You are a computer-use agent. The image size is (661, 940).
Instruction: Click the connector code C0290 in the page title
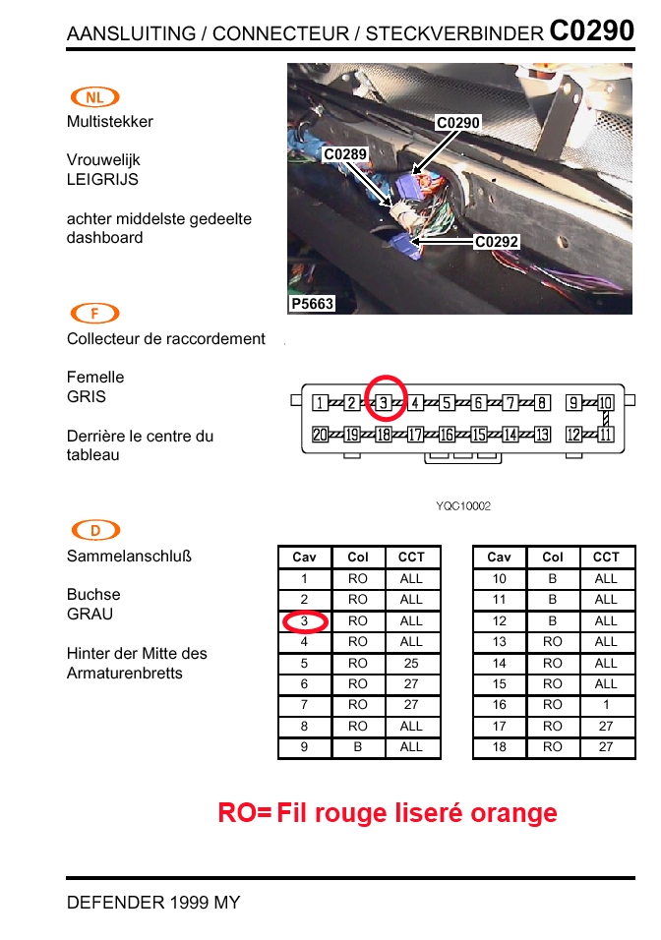591,30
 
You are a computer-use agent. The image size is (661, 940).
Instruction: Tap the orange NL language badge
94,97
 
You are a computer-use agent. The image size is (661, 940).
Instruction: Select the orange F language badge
94,313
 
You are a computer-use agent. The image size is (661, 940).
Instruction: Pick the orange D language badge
95,530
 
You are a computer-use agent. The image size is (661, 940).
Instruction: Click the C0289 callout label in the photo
345,154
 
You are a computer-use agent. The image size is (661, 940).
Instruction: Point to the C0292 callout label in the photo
497,242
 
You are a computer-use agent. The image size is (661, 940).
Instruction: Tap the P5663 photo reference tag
312,304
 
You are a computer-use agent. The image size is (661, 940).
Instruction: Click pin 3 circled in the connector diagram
384,403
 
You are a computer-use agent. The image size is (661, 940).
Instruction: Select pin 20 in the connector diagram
320,434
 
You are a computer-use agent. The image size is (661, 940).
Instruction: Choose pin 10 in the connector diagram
605,403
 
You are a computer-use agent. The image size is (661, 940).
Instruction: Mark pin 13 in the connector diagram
542,434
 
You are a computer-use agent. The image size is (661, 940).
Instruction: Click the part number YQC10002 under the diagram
463,506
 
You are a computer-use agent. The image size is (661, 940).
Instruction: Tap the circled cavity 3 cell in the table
305,621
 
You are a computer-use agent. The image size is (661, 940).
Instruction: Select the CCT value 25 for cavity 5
411,663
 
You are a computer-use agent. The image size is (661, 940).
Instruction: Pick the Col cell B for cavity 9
357,747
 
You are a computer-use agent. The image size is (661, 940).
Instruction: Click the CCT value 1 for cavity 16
606,705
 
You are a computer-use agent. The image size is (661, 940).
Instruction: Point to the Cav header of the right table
499,557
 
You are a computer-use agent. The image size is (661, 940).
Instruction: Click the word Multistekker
110,122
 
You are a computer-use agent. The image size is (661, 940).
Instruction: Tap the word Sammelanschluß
129,557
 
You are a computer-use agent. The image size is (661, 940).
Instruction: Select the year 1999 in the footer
189,903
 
